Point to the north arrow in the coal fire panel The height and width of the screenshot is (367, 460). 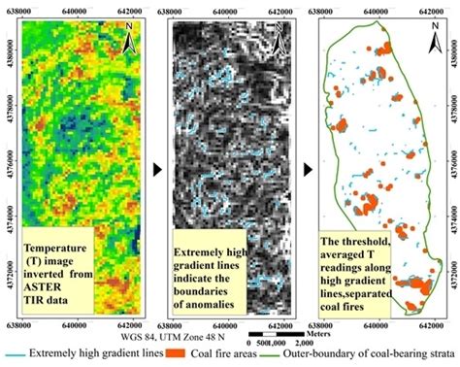435,39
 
